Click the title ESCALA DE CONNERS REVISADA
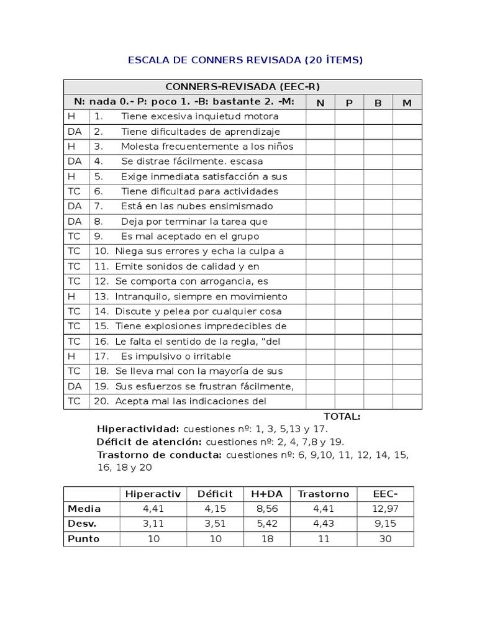[x=245, y=60]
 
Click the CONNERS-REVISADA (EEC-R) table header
[x=243, y=87]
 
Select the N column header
[x=320, y=102]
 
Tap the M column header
[x=407, y=102]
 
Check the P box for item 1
[x=349, y=117]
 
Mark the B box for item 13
[x=378, y=297]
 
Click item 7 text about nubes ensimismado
[x=197, y=206]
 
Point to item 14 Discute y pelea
[x=198, y=312]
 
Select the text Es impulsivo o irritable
[x=176, y=357]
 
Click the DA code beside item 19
[x=75, y=386]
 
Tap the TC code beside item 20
[x=75, y=401]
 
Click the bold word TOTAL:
[x=342, y=417]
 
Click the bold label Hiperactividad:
[x=138, y=429]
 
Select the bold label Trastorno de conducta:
[x=159, y=455]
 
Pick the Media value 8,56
[x=268, y=509]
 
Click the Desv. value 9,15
[x=385, y=524]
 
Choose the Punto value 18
[x=268, y=538]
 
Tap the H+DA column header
[x=268, y=494]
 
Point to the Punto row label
[x=83, y=538]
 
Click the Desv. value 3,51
[x=215, y=524]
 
